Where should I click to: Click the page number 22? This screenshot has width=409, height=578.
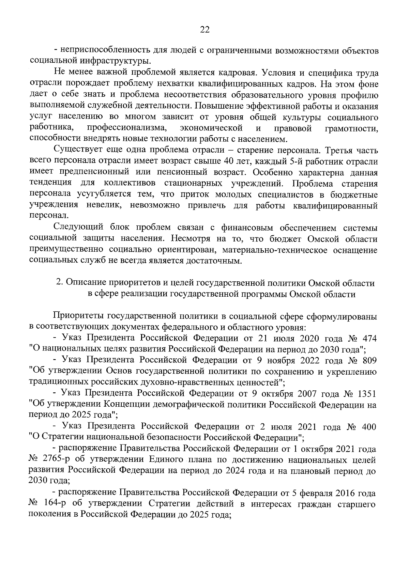(x=204, y=30)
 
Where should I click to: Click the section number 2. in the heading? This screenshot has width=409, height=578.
(x=59, y=283)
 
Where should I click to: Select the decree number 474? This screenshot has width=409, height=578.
(x=369, y=339)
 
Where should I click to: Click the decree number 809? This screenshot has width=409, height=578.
(x=369, y=360)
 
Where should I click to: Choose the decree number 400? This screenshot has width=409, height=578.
(x=369, y=427)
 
